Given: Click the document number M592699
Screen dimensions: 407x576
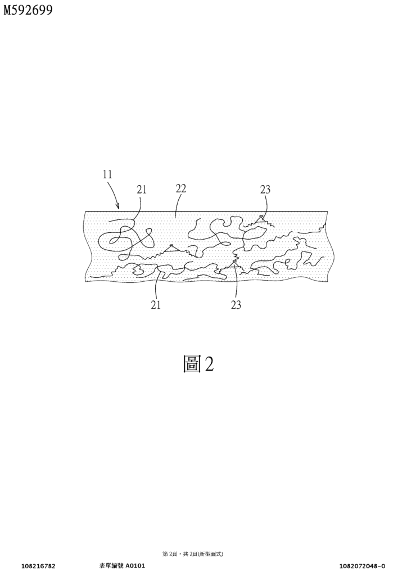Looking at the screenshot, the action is coord(28,10).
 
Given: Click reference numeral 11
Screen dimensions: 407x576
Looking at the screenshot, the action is coord(107,174).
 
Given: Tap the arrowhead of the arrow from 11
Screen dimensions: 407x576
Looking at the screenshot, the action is coord(118,206).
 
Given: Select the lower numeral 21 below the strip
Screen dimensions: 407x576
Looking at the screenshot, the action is coord(156,304).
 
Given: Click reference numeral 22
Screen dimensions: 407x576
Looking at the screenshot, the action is coord(181,188).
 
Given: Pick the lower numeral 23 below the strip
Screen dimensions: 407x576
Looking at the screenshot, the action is coord(236,304).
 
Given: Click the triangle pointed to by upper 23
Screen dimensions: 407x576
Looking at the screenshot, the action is coord(261,219).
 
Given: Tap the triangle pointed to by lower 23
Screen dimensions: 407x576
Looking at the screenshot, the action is coord(234,263).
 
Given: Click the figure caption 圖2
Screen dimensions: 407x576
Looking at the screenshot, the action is coord(198,364).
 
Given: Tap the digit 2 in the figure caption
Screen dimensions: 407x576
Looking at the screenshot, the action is coord(209,364).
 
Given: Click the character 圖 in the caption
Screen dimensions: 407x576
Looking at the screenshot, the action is coord(192,364).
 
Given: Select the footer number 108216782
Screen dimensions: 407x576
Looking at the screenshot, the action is coord(38,566).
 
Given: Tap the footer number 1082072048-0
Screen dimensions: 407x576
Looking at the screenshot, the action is coord(362,566).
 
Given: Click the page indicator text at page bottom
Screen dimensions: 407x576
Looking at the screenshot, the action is coord(193,553).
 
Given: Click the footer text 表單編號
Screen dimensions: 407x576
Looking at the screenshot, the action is coord(111,566).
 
